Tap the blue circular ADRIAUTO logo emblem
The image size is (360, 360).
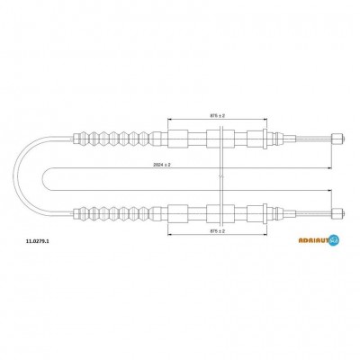334,240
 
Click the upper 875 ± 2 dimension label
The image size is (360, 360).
218,115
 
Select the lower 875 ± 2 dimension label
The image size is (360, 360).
218,231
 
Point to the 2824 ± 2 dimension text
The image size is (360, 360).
162,165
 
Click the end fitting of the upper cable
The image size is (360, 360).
338,139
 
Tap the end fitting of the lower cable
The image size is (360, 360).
338,213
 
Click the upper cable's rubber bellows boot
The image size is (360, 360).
115,139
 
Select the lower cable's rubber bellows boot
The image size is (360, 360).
115,213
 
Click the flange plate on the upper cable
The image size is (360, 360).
265,139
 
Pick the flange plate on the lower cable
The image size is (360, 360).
265,213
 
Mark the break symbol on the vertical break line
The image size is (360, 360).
220,176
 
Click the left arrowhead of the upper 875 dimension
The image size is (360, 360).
169,119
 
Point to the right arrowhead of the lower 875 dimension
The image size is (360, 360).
265,235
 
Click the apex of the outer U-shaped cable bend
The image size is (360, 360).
13,176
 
